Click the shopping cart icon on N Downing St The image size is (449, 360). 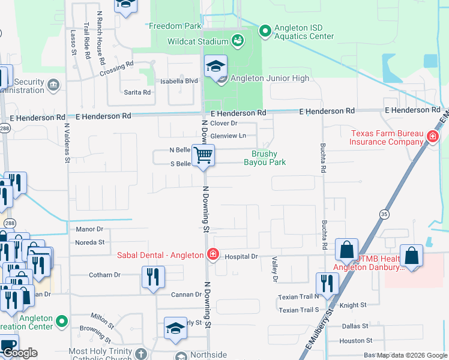(203, 155)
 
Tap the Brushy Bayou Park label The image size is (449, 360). (264, 158)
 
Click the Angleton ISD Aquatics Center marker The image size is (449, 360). (265, 29)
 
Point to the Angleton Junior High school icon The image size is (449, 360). (215, 67)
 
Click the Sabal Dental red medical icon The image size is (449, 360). (212, 254)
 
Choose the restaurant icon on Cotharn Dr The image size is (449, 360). (153, 277)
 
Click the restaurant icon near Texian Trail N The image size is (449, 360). (327, 283)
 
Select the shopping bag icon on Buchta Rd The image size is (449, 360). (347, 249)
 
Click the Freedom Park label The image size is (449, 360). (175, 26)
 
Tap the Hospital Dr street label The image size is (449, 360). (241, 257)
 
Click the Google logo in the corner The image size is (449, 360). (19, 353)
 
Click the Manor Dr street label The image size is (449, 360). (90, 229)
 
